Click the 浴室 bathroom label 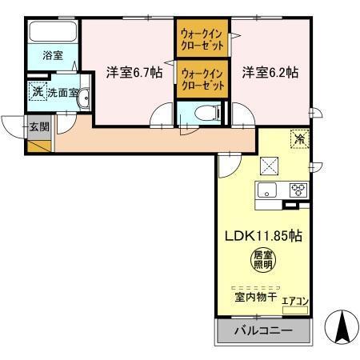(52, 57)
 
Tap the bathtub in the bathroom (52, 33)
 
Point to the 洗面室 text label (62, 93)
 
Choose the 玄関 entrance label (38, 126)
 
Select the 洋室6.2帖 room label (270, 72)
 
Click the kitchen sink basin (267, 190)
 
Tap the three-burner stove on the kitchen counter (298, 190)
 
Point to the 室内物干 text (255, 296)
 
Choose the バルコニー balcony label (261, 330)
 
